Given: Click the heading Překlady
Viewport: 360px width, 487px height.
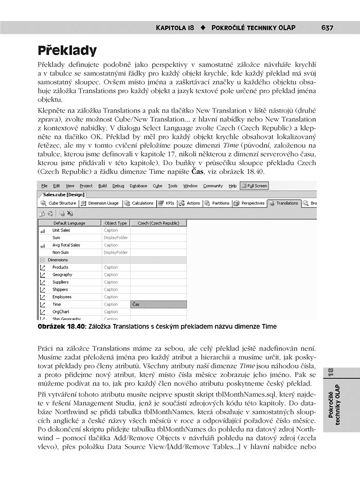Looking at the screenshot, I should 67,50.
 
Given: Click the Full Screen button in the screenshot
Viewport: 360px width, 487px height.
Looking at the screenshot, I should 254,186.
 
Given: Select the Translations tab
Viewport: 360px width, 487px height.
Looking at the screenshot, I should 284,203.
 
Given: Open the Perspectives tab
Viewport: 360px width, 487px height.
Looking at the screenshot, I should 249,203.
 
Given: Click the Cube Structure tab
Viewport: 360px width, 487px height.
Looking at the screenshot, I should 59,203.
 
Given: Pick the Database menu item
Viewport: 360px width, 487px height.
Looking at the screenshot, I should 138,186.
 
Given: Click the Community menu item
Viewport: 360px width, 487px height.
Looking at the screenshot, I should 213,186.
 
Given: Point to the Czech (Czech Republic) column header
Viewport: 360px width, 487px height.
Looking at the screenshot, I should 158,223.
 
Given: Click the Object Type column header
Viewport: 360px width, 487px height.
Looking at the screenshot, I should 115,223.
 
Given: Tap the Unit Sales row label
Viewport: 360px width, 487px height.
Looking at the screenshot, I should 61,230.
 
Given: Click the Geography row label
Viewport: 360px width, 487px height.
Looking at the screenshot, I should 62,275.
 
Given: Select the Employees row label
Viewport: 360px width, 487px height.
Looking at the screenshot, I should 62,297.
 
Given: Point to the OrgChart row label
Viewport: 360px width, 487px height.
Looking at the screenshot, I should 61,312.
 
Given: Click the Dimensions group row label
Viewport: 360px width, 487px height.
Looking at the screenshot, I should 58,260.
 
